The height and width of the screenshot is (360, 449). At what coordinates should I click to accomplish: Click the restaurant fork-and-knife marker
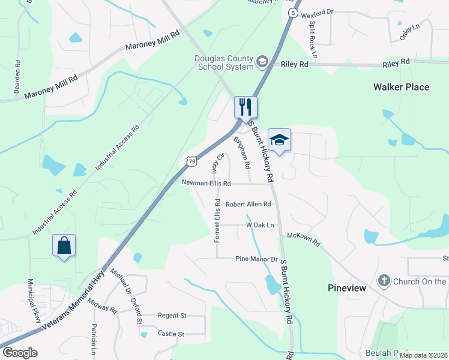[246, 107]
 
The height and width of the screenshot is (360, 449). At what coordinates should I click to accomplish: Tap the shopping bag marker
[64, 245]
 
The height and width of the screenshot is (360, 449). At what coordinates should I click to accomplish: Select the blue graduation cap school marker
[279, 140]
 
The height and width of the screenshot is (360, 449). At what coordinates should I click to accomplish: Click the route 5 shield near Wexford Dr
[292, 13]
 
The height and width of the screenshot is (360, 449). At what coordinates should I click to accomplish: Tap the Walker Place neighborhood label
[401, 87]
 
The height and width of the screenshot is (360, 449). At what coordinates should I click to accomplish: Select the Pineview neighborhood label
[347, 288]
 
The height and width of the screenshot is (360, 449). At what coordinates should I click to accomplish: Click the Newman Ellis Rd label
[206, 183]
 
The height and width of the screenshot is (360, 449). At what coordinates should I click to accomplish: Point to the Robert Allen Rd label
[248, 204]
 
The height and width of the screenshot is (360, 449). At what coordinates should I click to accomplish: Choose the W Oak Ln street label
[260, 225]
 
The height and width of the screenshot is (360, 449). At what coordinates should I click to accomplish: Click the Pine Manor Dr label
[257, 259]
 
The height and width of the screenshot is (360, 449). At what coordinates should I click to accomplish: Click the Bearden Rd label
[18, 76]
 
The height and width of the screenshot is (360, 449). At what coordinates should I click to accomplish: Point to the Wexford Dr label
[317, 13]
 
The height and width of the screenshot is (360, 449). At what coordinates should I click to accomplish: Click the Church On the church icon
[384, 280]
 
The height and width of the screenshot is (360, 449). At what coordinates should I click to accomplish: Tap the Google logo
[20, 353]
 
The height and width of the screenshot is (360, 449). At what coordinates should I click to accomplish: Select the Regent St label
[172, 315]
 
